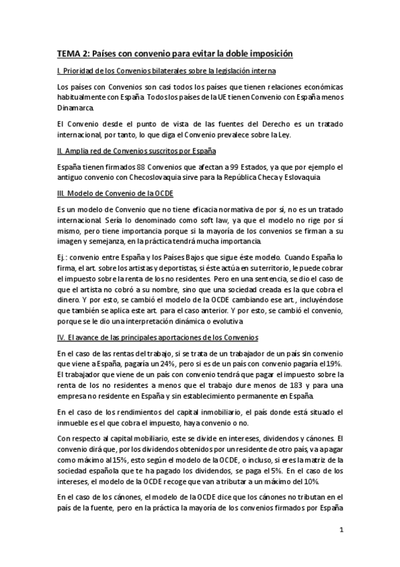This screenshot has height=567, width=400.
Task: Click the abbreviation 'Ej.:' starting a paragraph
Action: tap(64, 256)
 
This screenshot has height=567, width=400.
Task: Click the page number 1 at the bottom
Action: tap(341, 532)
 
